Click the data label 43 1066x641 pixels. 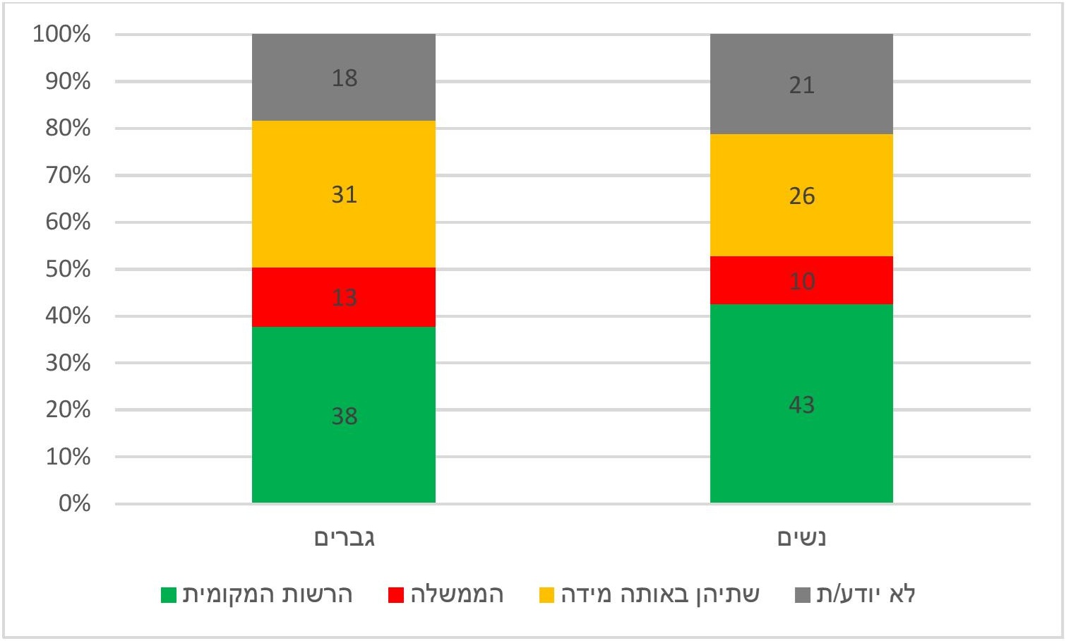(801, 405)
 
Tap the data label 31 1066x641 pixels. (344, 194)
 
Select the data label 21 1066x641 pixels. (801, 85)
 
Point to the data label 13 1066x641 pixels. (344, 297)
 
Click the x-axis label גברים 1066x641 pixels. (344, 538)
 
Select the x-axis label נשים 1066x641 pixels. (801, 538)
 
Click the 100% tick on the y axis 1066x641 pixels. (62, 34)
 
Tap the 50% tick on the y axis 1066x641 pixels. (68, 269)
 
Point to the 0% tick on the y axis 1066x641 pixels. (74, 503)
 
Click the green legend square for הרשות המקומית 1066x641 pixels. (169, 595)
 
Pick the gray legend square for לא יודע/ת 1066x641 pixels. (802, 595)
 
